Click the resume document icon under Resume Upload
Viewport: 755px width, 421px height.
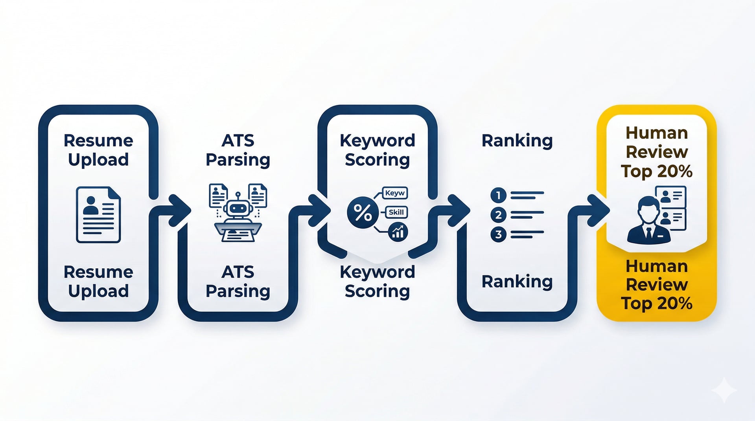click(98, 214)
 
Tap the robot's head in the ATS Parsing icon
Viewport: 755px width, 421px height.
click(238, 207)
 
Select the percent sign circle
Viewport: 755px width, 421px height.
click(363, 212)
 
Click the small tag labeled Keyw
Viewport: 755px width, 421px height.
click(395, 193)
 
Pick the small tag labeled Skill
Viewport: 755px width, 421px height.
click(396, 212)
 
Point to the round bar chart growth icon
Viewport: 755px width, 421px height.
click(398, 232)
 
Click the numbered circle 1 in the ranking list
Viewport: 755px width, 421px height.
click(498, 195)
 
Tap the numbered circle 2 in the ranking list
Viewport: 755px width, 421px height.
click(498, 215)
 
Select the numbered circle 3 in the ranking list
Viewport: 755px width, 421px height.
click(498, 234)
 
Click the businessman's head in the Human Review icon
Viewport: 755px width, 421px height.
click(648, 210)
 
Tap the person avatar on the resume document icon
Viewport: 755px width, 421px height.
click(91, 205)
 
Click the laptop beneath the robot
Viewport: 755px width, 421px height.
click(238, 231)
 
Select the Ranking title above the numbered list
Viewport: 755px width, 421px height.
click(517, 141)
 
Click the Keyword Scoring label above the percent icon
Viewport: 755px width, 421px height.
click(377, 150)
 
